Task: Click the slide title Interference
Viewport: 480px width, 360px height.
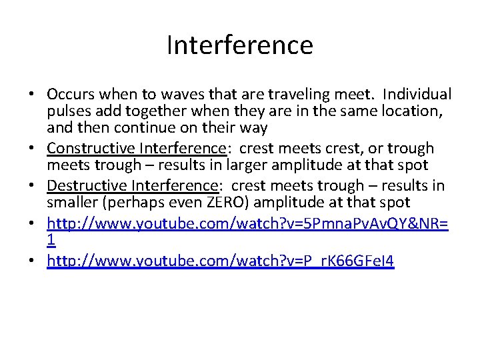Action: pos(239,45)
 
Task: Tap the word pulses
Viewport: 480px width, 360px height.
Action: pos(68,111)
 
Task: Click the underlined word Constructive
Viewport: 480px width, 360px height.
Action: pos(88,148)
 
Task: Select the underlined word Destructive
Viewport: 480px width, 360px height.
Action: pos(83,185)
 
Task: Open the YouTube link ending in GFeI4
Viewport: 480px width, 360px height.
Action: pos(221,261)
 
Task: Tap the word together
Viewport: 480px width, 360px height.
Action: pos(172,111)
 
